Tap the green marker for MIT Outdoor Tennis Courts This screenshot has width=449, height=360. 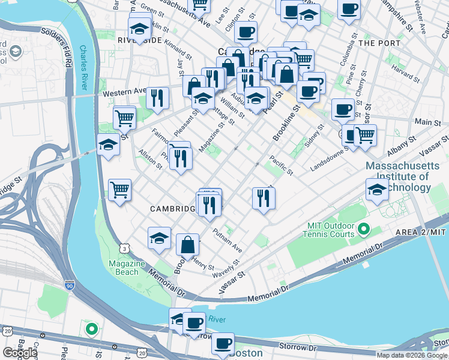pyautogui.click(x=364, y=229)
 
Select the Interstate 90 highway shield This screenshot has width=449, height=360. pyautogui.click(x=70, y=289)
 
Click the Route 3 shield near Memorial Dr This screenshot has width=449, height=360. pyautogui.click(x=124, y=248)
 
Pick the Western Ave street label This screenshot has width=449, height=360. pyautogui.click(x=125, y=93)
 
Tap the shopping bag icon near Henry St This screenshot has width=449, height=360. pyautogui.click(x=187, y=245)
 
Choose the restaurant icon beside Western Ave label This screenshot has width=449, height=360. pyautogui.click(x=157, y=97)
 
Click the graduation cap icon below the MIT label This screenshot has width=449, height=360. pyautogui.click(x=376, y=190)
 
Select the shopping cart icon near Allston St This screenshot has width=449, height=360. pyautogui.click(x=120, y=190)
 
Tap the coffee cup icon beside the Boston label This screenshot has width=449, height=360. pyautogui.click(x=223, y=343)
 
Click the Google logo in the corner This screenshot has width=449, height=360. pyautogui.click(x=20, y=353)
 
